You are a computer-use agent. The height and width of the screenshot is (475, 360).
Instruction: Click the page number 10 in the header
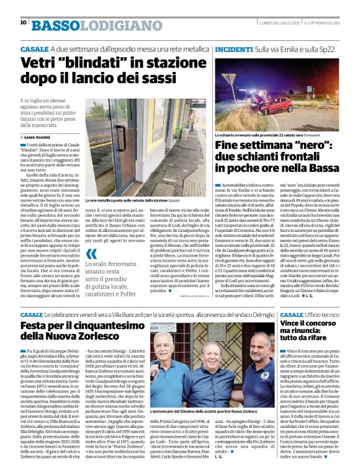coord(23,23)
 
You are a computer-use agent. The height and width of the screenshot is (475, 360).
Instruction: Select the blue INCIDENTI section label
coord(233,48)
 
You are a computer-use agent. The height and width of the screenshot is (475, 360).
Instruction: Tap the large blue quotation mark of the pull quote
coord(92,254)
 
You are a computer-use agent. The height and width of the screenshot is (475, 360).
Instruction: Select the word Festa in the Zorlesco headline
coord(38,327)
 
